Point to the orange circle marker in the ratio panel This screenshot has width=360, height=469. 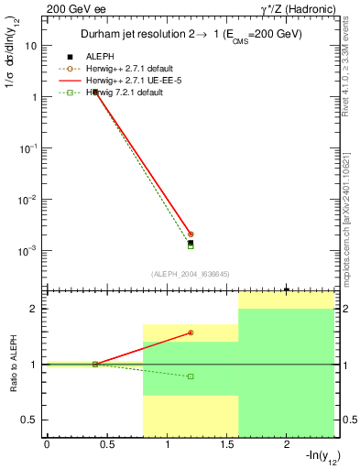(x=191, y=333)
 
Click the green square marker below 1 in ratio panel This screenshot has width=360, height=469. (x=191, y=376)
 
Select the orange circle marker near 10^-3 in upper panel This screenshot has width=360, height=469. (x=191, y=234)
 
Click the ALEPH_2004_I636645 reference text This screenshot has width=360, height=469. (x=190, y=273)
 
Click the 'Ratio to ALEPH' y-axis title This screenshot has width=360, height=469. (x=12, y=365)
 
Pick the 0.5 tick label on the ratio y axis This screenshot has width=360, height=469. (x=30, y=420)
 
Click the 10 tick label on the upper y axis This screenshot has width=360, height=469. (x=32, y=45)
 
